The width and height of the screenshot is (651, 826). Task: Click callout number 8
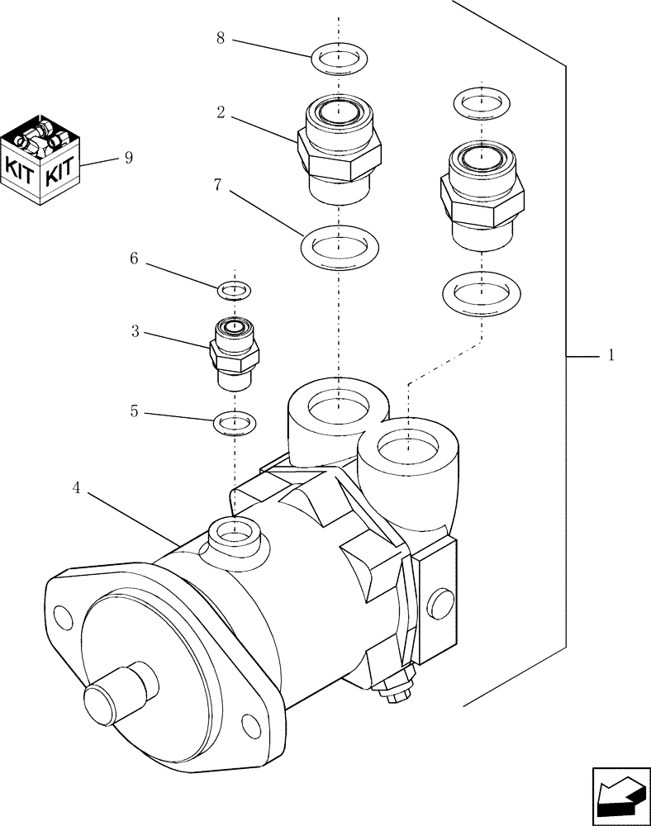[x=221, y=39]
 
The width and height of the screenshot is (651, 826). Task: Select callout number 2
[x=221, y=112]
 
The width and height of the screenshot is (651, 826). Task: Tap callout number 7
[x=217, y=186]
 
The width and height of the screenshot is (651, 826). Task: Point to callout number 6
[x=133, y=259]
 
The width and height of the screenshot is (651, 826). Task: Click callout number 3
[x=135, y=332]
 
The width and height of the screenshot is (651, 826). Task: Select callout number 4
[x=76, y=488]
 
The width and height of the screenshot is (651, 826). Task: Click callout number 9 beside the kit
[x=128, y=158]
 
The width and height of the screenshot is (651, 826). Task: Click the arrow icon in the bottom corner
[x=620, y=795]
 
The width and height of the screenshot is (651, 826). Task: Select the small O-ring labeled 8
[x=340, y=59]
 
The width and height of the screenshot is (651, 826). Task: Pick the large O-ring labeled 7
[x=340, y=245]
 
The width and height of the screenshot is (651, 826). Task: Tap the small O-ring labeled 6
[x=235, y=290]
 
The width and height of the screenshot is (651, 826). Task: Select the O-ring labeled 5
[x=235, y=424]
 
